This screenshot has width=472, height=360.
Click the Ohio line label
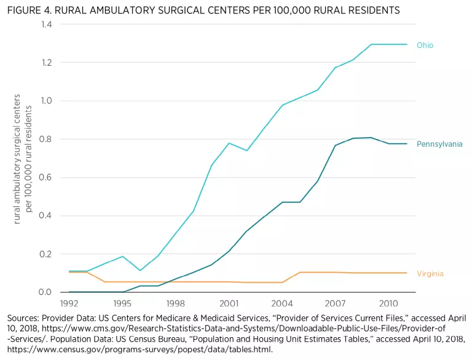425,45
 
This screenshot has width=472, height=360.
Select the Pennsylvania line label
439,144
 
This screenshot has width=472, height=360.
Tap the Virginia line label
430,274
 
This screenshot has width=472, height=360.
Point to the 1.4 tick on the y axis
46,24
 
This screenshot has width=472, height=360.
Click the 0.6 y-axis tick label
46,178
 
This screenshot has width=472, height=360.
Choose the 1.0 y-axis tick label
46,101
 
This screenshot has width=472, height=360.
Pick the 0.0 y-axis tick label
46,292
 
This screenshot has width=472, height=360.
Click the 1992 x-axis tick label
69,303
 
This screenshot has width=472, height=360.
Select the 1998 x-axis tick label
176,303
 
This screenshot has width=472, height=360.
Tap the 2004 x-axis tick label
282,303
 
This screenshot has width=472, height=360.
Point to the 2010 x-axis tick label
388,303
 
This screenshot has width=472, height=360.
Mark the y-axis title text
22,158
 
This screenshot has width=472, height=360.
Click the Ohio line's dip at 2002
247,151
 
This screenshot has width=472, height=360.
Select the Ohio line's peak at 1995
122,256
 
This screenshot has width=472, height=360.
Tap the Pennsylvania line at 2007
336,146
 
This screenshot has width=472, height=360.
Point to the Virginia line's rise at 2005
300,272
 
